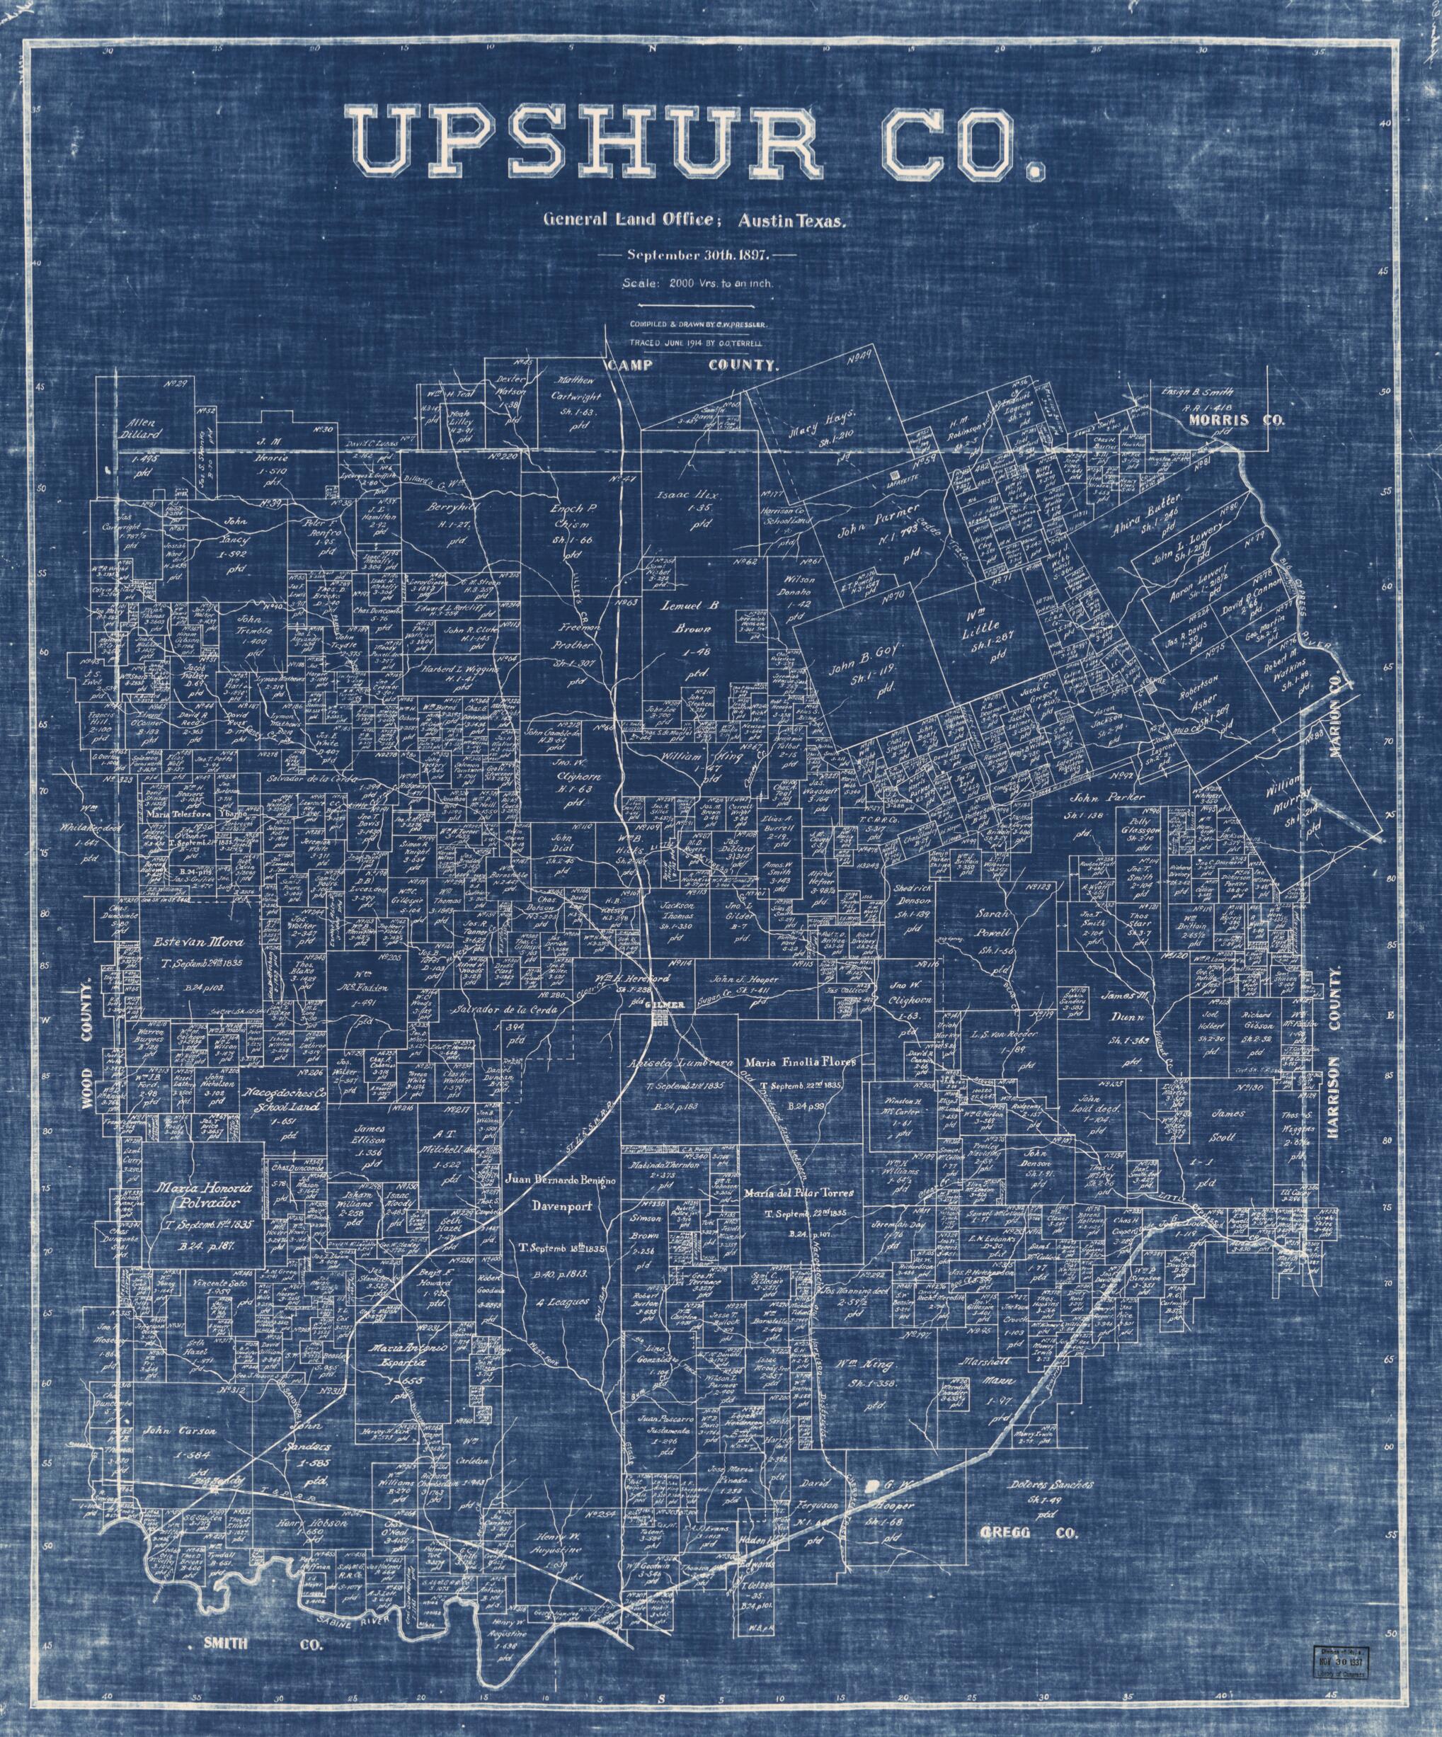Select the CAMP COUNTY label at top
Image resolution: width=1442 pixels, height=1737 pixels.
pos(691,365)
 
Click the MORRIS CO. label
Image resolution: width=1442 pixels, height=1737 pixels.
pos(1236,420)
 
